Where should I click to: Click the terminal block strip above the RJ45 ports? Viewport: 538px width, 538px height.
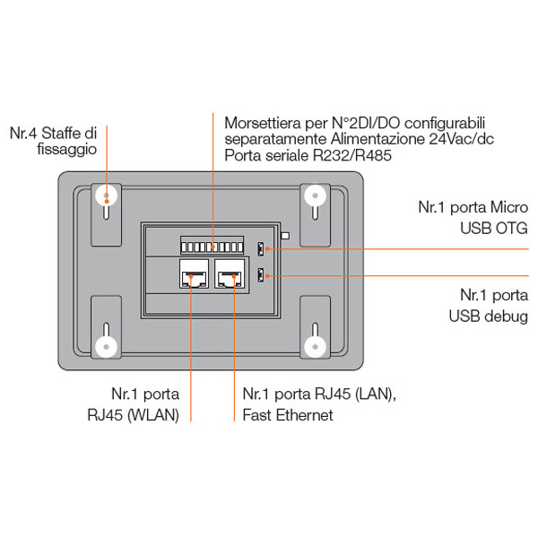click(212, 246)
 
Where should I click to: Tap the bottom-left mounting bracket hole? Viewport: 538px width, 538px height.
click(107, 346)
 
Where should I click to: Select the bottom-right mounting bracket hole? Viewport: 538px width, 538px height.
click(315, 346)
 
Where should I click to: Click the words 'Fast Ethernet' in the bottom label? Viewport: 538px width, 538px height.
click(288, 414)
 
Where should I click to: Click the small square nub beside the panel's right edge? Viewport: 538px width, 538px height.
click(284, 237)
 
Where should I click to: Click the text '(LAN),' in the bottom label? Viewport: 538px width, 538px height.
click(369, 395)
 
